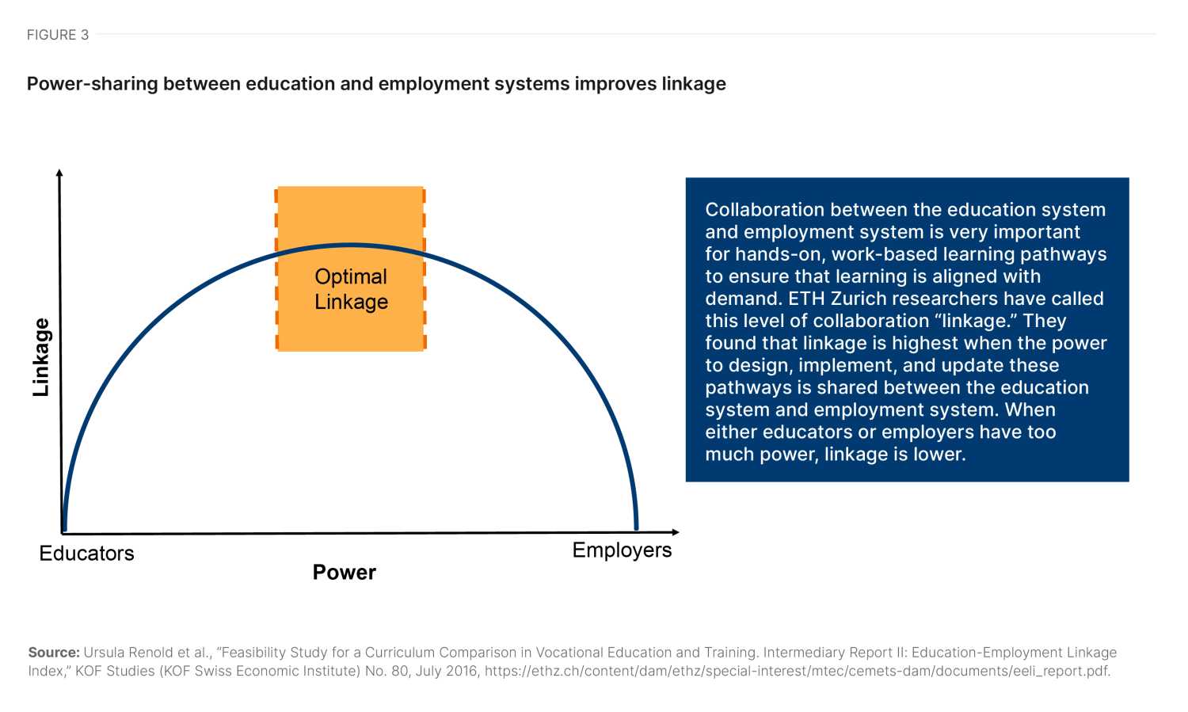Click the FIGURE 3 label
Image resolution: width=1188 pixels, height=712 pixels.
pyautogui.click(x=58, y=35)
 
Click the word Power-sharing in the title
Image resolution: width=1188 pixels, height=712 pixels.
pyautogui.click(x=93, y=84)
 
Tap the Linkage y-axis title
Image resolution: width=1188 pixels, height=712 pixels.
pyautogui.click(x=41, y=357)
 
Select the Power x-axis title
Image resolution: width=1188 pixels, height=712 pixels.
pyautogui.click(x=345, y=572)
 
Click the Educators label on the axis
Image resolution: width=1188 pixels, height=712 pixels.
pyautogui.click(x=86, y=553)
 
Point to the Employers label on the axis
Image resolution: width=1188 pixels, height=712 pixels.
pyautogui.click(x=622, y=550)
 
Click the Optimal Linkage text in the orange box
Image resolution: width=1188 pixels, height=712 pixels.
pyautogui.click(x=351, y=289)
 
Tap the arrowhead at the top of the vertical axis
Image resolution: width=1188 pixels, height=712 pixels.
pyautogui.click(x=59, y=173)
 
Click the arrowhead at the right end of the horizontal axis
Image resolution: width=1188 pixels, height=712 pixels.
pyautogui.click(x=675, y=531)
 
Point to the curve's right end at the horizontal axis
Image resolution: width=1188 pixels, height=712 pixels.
pyautogui.click(x=637, y=528)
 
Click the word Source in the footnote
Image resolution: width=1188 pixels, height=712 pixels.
pyautogui.click(x=54, y=652)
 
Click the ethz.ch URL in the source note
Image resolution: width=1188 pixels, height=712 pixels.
pyautogui.click(x=797, y=671)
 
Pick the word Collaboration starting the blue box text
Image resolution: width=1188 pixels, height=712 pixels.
pyautogui.click(x=764, y=209)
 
